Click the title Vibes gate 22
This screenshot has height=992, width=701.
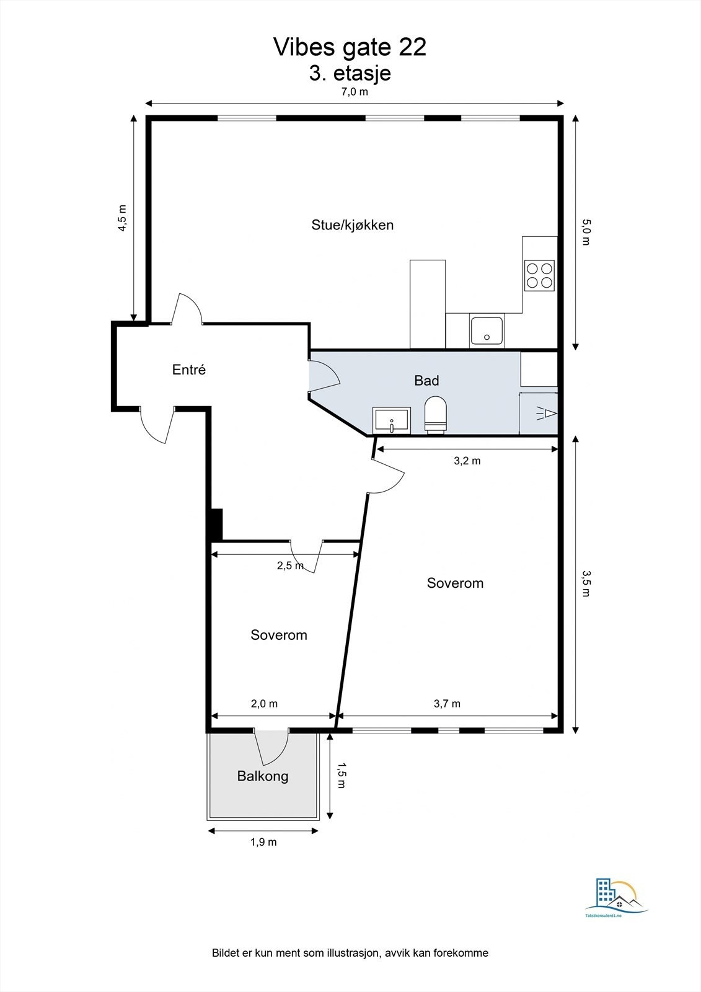[x=350, y=47]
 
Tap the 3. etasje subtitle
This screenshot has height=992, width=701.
[x=350, y=74]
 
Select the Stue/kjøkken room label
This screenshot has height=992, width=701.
[x=353, y=225]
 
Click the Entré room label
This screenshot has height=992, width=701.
[x=189, y=370]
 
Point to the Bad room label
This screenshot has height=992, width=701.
[x=426, y=381]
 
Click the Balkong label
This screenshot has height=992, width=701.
[x=263, y=776]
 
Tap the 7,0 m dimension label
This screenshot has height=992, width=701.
[x=355, y=92]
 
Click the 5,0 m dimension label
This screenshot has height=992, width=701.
[x=586, y=232]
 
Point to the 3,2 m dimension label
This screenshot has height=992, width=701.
[x=467, y=461]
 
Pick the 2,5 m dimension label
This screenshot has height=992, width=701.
[x=291, y=565]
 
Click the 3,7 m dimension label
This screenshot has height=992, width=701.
[x=447, y=703]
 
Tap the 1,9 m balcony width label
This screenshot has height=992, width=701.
[x=263, y=842]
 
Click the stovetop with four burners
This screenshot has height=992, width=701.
[x=539, y=275]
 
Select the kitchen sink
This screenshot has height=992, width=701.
[x=487, y=330]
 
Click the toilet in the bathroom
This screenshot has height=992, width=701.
[x=435, y=414]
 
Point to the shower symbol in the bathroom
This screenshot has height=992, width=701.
[x=547, y=414]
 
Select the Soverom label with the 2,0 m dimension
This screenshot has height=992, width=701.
[x=278, y=635]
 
